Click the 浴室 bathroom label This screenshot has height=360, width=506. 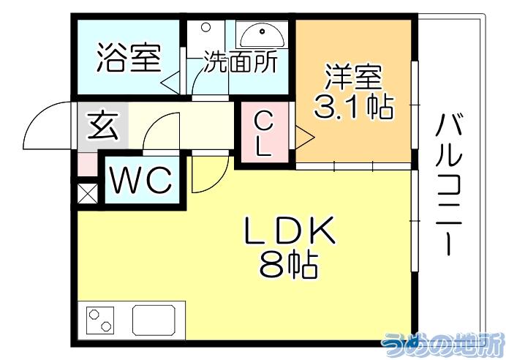(129, 58)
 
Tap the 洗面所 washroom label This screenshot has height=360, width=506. (240, 62)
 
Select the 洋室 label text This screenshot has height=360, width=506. (354, 77)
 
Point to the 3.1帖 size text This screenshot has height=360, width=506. (354, 107)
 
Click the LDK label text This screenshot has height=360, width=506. (290, 230)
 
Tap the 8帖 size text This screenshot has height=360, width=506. (289, 265)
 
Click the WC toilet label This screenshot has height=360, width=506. (140, 181)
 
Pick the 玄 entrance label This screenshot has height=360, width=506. (103, 126)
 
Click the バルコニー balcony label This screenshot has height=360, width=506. (449, 184)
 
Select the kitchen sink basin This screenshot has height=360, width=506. (154, 320)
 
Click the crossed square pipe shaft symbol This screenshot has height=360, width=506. (88, 192)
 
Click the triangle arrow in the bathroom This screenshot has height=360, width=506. (170, 83)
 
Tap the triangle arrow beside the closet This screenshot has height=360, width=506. (304, 138)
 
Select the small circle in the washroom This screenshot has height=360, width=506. (205, 27)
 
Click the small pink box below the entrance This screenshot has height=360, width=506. (88, 165)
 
